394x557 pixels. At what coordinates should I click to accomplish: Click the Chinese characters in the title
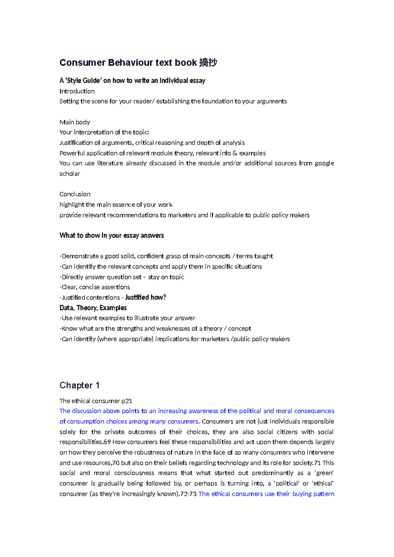point(208,62)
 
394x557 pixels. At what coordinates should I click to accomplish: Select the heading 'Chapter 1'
point(79,385)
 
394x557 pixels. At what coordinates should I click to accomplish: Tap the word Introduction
point(77,91)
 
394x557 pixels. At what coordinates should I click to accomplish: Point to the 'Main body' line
point(75,122)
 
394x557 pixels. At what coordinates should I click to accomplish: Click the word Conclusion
point(75,194)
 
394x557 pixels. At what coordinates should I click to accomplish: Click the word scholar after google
point(70,174)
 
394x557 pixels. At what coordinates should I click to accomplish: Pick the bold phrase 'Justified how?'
point(145,298)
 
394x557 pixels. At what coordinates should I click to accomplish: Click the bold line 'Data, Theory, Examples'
point(93,308)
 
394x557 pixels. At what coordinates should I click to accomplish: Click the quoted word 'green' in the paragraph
point(324,473)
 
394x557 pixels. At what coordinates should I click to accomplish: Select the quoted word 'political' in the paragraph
point(287,483)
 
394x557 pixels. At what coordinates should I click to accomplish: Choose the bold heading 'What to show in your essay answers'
point(111,235)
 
